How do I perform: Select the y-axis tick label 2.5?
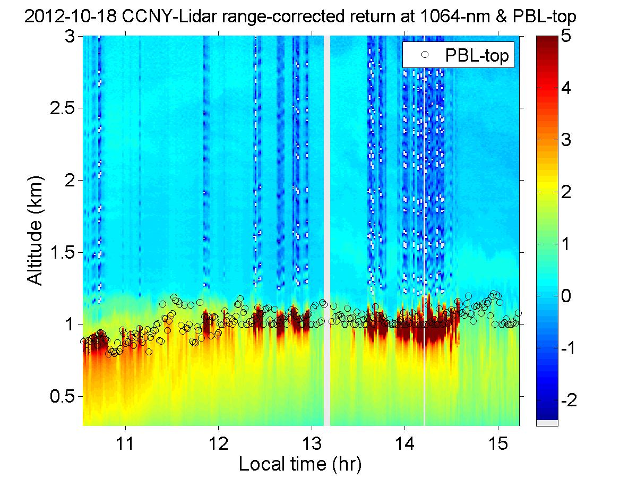[63, 108]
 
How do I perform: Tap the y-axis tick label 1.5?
[63, 252]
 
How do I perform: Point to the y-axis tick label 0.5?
[63, 396]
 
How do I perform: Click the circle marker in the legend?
[424, 55]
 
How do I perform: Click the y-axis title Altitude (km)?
[35, 231]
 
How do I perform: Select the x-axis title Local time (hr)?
[300, 464]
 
